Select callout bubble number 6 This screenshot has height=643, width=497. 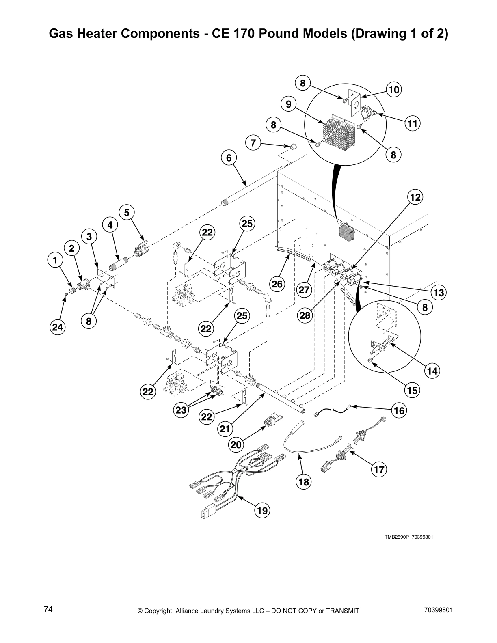click(229, 158)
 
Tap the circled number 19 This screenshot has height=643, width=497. click(262, 510)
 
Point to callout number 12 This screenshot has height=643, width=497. click(415, 197)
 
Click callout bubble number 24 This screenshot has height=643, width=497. click(58, 327)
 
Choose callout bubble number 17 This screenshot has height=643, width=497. click(379, 470)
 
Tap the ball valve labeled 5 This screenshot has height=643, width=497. click(141, 251)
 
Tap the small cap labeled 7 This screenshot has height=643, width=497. click(292, 146)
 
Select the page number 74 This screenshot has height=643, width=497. click(48, 609)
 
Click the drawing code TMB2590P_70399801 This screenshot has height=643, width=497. click(408, 537)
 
